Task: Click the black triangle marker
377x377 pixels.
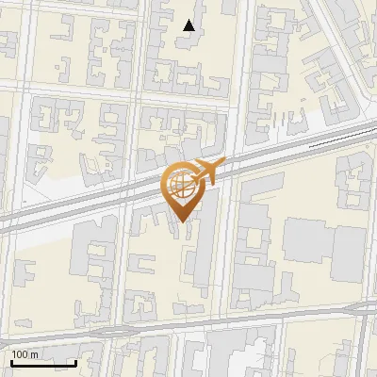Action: coord(189,25)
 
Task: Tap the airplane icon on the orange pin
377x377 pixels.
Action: coord(203,172)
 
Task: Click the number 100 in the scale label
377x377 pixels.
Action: coord(20,354)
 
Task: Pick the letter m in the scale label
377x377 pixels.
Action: coord(34,355)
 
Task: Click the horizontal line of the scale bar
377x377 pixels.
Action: coord(43,363)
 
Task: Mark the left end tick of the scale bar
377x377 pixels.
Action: coord(11,361)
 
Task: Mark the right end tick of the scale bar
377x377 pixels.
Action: coord(75,361)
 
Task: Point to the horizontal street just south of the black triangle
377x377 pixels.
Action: coord(188,98)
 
